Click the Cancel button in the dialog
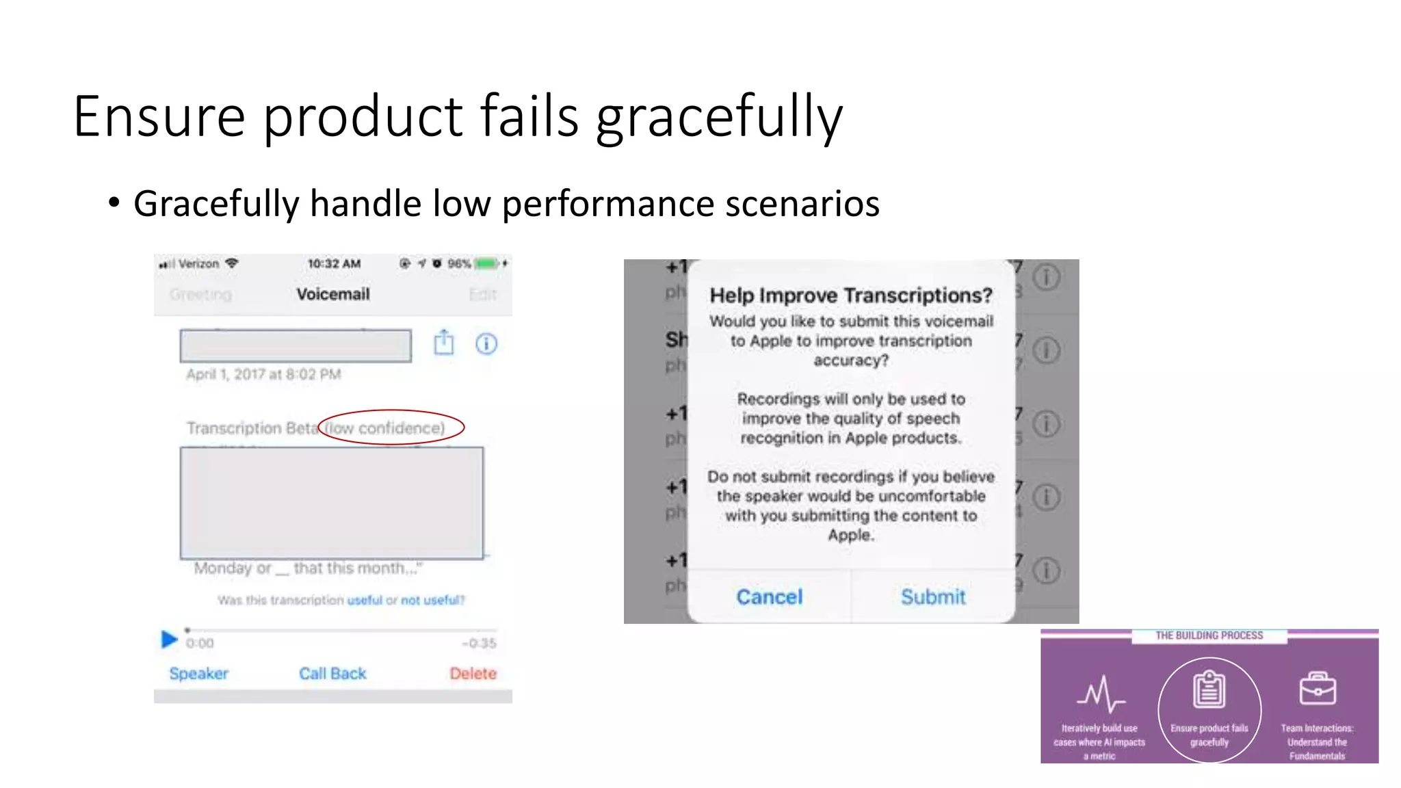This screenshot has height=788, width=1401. (x=769, y=596)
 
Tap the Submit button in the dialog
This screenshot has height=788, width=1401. (x=933, y=596)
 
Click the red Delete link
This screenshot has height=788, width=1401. (x=473, y=673)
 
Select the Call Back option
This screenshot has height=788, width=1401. (x=332, y=673)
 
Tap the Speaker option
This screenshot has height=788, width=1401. (x=198, y=673)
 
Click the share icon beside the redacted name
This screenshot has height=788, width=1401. (x=444, y=343)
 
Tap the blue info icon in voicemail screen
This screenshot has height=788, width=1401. (x=486, y=343)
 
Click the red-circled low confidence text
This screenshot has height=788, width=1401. (x=384, y=428)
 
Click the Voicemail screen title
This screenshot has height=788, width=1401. (x=332, y=294)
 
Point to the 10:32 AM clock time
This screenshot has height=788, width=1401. (x=334, y=263)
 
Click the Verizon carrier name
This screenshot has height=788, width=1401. (x=198, y=263)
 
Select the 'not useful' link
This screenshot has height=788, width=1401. (x=432, y=600)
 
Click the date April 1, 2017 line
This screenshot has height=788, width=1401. (x=263, y=374)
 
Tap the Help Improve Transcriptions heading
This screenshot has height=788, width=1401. (x=850, y=295)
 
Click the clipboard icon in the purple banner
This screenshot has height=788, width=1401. (x=1209, y=689)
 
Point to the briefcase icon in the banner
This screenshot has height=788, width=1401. (x=1317, y=688)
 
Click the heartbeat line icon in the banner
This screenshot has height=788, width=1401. (x=1101, y=694)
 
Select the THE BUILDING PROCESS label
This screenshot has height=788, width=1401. (x=1209, y=635)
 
